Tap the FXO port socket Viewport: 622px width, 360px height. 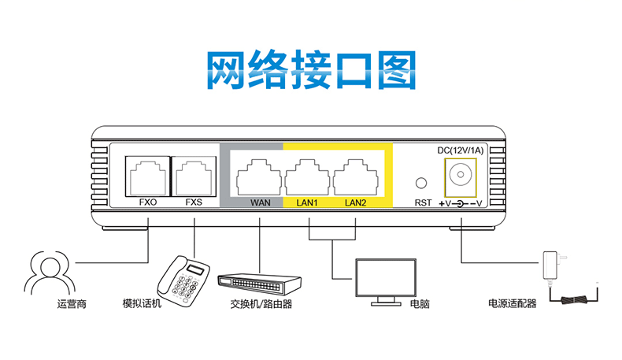pos(147,175)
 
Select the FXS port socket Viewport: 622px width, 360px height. pos(194,175)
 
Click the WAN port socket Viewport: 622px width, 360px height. pos(260,175)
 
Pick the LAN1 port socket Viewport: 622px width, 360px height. pos(308,175)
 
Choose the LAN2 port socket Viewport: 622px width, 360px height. pos(356,175)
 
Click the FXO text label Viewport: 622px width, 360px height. pos(147,202)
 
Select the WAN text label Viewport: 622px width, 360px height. pos(260,202)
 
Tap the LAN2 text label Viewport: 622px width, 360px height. pos(356,202)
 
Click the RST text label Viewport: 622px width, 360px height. pos(422,202)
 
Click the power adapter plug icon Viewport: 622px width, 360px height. pos(550,263)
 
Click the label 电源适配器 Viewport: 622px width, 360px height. pos(512,303)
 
